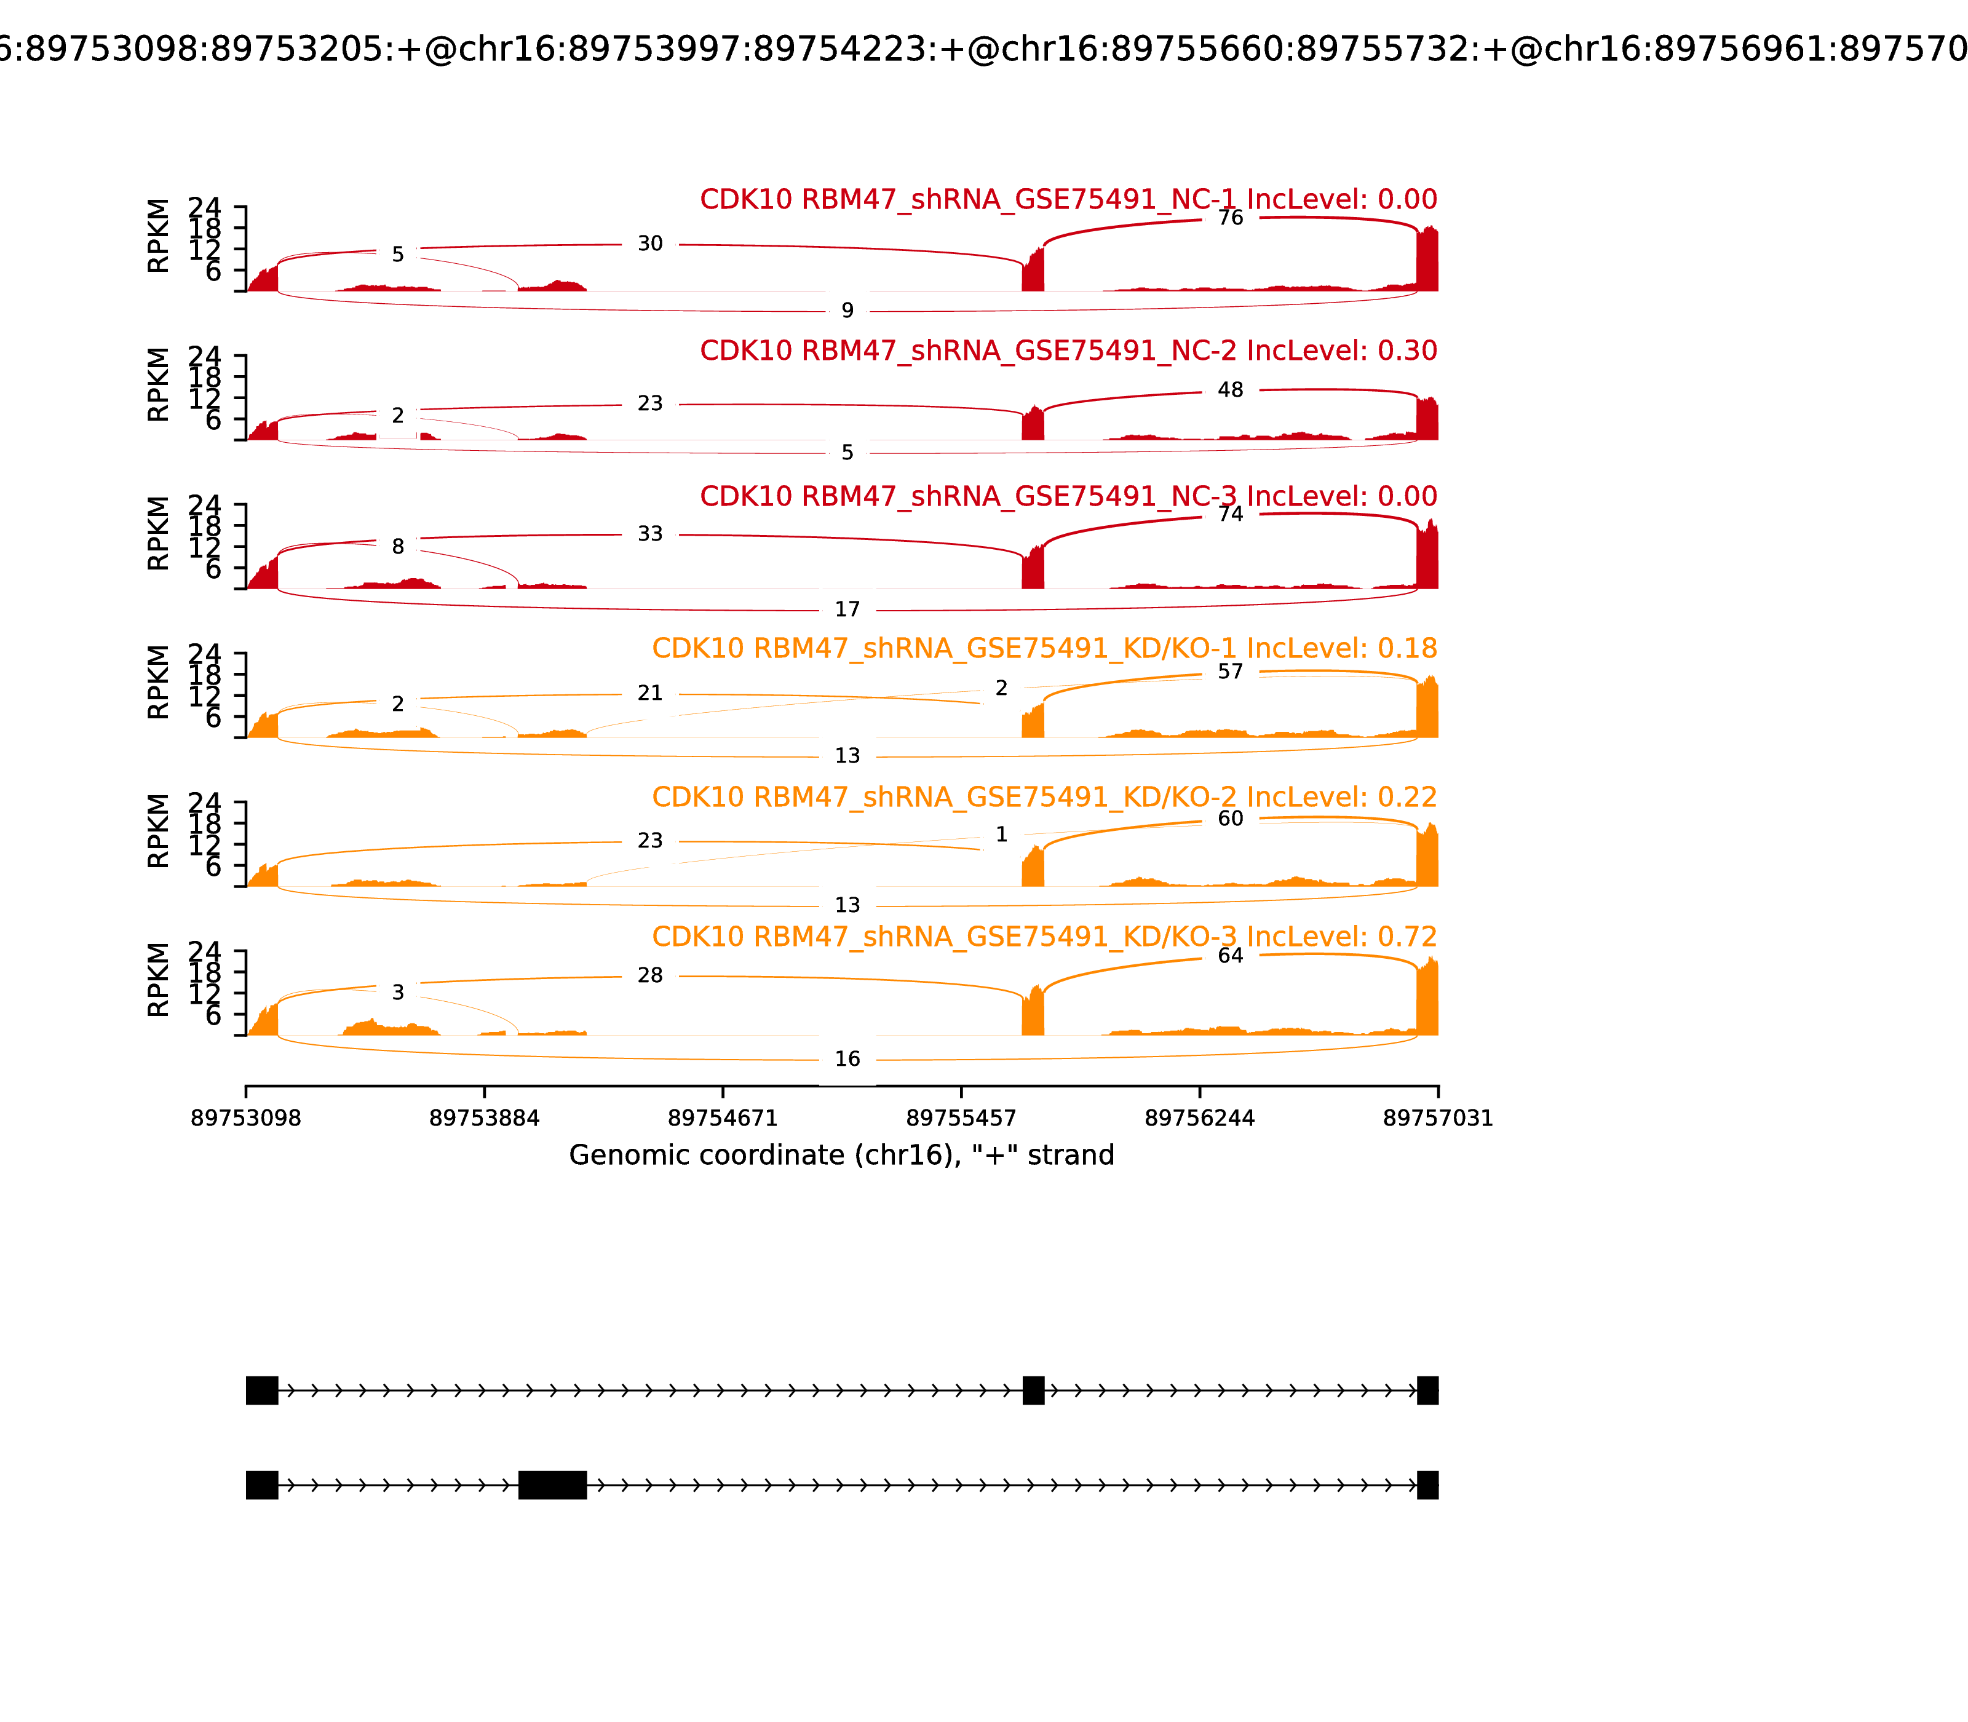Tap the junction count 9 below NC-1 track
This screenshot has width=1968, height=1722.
pyautogui.click(x=847, y=311)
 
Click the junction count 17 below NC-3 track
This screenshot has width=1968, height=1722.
pyautogui.click(x=847, y=609)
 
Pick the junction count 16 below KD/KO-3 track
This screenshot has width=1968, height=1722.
pyautogui.click(x=847, y=1059)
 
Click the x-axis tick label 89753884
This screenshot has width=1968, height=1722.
pyautogui.click(x=485, y=1119)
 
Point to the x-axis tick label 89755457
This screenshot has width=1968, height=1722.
pyautogui.click(x=961, y=1119)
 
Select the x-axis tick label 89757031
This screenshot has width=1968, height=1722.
pyautogui.click(x=1438, y=1119)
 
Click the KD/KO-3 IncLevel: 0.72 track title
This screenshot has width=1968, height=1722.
pyautogui.click(x=1044, y=937)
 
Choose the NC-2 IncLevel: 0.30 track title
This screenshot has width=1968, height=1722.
pyautogui.click(x=1068, y=351)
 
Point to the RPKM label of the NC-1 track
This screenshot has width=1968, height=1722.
pyautogui.click(x=159, y=236)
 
